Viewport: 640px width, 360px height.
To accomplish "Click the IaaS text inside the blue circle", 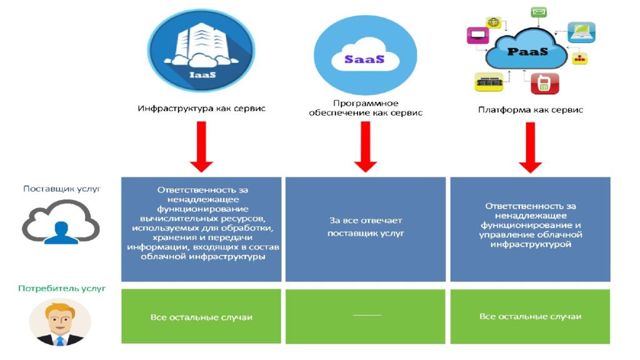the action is (x=202, y=75).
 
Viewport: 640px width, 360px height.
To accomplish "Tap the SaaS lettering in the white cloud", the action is (x=364, y=59).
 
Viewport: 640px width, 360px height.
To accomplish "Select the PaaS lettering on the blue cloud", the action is (x=527, y=52).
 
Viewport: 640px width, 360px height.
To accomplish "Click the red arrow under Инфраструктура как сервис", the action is (x=201, y=147).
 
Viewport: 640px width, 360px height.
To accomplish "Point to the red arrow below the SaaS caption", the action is (x=365, y=147).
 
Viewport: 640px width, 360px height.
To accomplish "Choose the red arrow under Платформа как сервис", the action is (x=530, y=147).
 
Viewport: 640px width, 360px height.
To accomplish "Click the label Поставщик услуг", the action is (x=62, y=189).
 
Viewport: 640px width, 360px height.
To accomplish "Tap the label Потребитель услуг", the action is (x=62, y=288).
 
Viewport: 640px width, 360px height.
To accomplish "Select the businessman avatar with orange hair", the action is (x=60, y=322).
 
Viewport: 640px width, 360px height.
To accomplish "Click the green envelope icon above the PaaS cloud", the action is (x=539, y=12).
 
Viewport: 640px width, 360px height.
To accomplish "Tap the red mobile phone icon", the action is (x=544, y=83).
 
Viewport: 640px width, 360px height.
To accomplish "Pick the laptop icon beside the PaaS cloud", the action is (x=581, y=32).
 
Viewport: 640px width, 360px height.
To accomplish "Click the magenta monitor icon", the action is (x=477, y=35).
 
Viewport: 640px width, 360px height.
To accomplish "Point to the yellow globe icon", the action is (x=493, y=22).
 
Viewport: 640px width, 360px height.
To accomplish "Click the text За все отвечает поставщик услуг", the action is (x=365, y=226).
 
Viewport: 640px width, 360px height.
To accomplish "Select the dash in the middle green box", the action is (x=367, y=315).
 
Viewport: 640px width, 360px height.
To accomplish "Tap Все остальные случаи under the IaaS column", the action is (x=201, y=317).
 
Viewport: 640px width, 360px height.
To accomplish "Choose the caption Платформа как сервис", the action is (x=531, y=109).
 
